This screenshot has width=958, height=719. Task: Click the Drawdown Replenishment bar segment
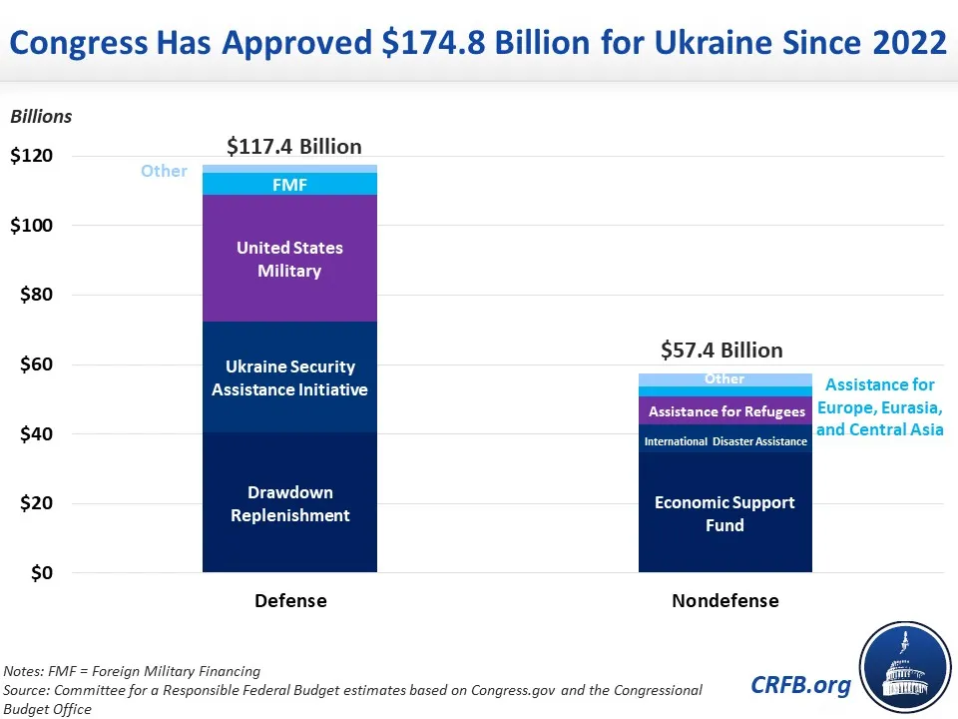289,503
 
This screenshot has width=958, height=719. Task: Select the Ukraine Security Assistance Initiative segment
289,377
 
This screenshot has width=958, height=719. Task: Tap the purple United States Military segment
289,259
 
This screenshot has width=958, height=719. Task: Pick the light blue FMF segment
289,185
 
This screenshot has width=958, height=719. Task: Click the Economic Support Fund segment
724,513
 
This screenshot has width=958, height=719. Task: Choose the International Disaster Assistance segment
724,441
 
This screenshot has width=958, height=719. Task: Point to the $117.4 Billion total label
294,147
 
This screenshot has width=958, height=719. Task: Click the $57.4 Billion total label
721,350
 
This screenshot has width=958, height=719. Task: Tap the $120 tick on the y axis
32,156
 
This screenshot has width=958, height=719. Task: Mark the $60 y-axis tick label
32,364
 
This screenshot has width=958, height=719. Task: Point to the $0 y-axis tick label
40,573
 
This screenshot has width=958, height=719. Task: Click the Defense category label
290,600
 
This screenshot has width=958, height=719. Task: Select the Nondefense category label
724,600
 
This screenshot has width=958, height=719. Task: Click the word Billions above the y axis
41,116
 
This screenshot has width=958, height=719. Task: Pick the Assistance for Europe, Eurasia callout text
879,407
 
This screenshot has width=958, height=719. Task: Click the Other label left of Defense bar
164,171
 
